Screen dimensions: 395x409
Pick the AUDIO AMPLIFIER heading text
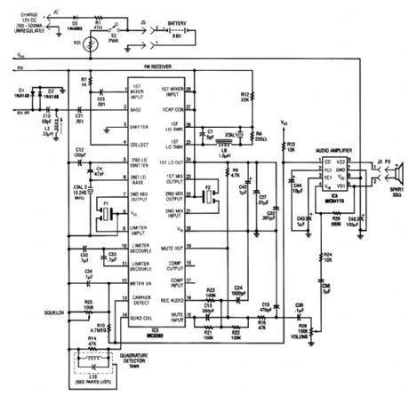click(x=336, y=151)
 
